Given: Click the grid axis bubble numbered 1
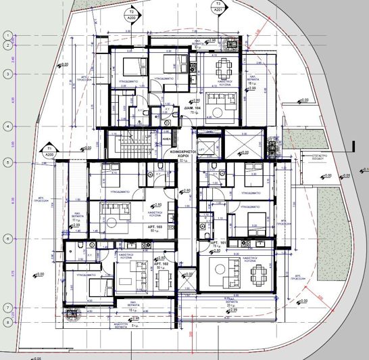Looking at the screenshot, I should (6, 35).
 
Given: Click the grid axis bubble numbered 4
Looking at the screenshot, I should (6, 127).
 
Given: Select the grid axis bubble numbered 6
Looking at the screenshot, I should (6, 238).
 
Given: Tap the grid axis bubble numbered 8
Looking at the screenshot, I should (6, 322).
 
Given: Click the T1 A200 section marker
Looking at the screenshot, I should (49, 151).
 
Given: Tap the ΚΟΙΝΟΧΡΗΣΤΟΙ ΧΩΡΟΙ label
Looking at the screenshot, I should (182, 155).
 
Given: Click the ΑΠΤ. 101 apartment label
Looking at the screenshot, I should (217, 242).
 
